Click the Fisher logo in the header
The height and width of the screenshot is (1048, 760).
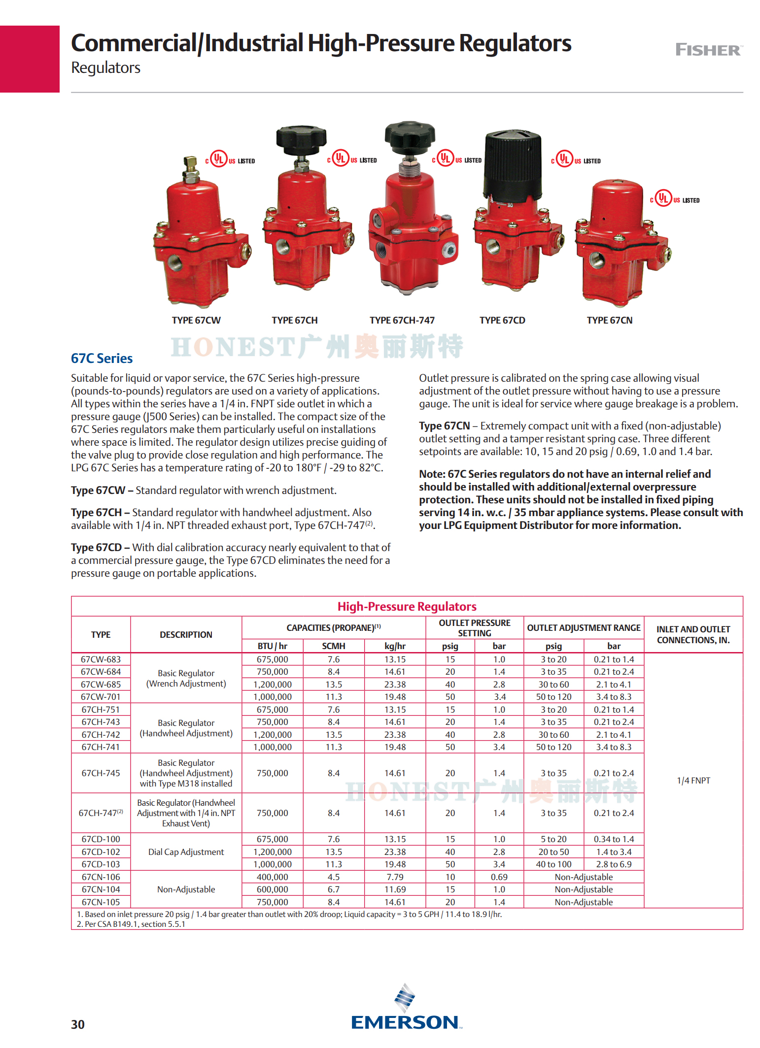[x=708, y=50]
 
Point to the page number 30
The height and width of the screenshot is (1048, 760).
[x=78, y=1024]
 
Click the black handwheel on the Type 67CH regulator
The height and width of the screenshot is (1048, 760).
[x=301, y=138]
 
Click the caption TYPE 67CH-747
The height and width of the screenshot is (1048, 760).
[x=402, y=320]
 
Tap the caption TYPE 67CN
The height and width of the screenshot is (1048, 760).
[x=609, y=320]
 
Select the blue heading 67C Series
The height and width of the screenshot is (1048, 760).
[x=102, y=358]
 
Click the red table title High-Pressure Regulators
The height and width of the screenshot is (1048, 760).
[x=407, y=606]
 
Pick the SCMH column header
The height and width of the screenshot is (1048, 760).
[x=333, y=646]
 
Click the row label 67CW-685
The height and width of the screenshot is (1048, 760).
[x=101, y=684]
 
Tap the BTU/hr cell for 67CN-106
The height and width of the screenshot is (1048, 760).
[x=272, y=877]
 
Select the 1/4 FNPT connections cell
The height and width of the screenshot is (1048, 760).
[x=693, y=780]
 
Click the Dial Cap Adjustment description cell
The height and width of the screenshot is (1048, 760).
[x=186, y=851]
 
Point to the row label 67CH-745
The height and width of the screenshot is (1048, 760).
[x=101, y=773]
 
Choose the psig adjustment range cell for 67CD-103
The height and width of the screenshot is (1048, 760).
[x=553, y=864]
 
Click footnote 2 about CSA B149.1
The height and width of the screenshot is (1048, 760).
[x=131, y=924]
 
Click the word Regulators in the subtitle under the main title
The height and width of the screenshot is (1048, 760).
[x=105, y=67]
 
